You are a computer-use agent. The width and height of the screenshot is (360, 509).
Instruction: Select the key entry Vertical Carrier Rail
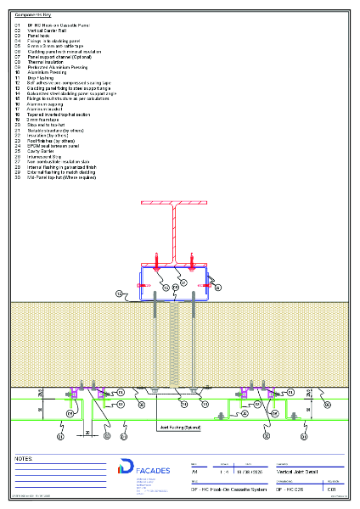tap(46, 31)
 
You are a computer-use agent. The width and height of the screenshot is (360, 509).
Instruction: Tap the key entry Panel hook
tap(39, 36)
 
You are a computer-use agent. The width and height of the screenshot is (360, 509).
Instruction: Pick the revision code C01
tap(332, 489)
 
